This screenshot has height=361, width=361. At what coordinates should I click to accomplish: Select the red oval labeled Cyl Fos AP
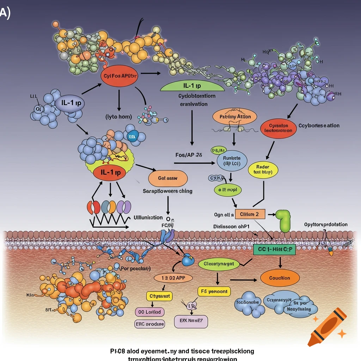[x=121, y=76]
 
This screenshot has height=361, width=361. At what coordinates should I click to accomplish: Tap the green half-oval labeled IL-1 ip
[x=192, y=86]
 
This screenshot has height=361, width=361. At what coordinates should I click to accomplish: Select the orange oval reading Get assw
[x=168, y=178]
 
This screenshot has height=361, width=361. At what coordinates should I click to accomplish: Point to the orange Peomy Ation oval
[x=235, y=117]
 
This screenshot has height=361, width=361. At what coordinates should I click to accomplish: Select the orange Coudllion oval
[x=280, y=278]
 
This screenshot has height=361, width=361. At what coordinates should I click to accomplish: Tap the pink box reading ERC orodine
[x=150, y=324]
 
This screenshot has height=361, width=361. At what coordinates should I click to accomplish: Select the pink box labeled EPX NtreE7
[x=191, y=321]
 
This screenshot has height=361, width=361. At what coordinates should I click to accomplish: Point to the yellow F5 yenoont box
[x=214, y=292]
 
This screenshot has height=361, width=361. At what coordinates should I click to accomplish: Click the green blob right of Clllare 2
[x=283, y=220]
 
